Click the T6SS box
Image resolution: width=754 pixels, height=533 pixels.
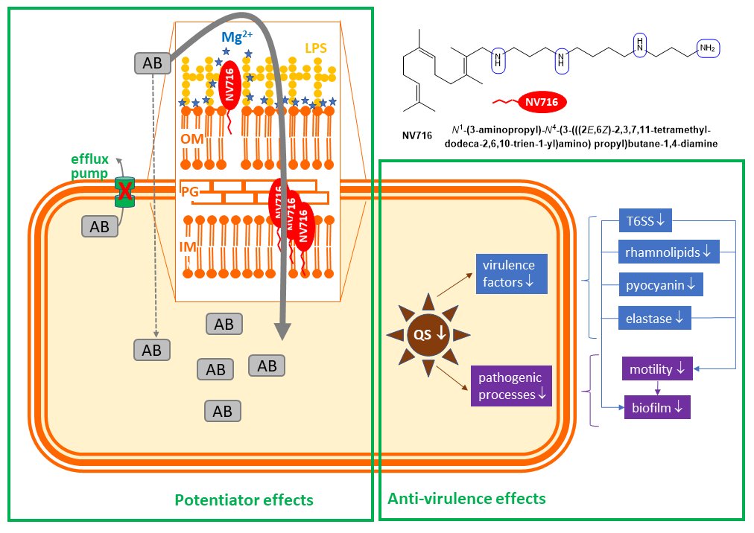click(646, 220)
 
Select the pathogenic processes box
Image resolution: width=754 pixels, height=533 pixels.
click(513, 385)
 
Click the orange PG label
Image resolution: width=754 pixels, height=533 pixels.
click(190, 192)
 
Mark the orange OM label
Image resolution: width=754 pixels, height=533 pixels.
click(191, 139)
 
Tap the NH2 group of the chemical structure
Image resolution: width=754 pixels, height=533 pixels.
click(707, 48)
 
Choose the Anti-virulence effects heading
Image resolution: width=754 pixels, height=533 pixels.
click(466, 497)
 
